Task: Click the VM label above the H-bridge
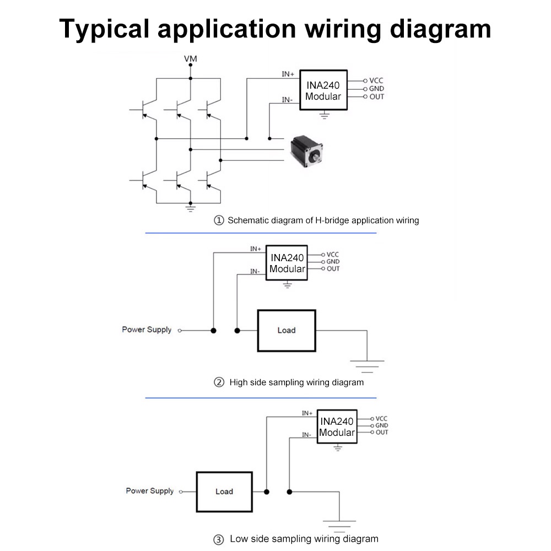pos(190,58)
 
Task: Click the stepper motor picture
pos(307,151)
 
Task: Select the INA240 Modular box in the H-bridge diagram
pos(323,90)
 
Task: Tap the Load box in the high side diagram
pos(287,331)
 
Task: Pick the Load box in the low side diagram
pos(224,491)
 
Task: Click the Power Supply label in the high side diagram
pos(147,329)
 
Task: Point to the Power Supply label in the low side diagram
pos(149,490)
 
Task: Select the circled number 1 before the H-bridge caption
pos(219,220)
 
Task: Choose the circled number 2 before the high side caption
pos(219,382)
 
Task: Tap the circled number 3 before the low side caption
pos(219,539)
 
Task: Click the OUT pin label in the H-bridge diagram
pos(377,97)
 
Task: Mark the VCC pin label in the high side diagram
pos(333,255)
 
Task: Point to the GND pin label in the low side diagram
pos(381,425)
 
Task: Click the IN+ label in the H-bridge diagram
pos(288,74)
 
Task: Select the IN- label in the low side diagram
pos(307,435)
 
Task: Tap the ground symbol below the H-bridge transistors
pos(190,208)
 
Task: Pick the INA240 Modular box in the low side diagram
pos(337,427)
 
